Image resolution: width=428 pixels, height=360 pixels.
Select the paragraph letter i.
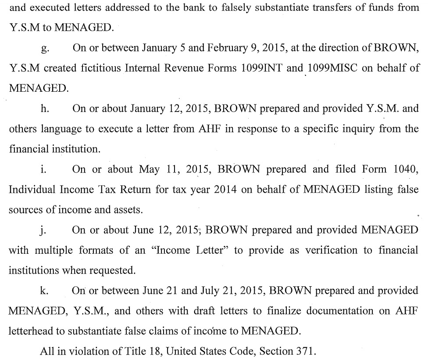point(43,170)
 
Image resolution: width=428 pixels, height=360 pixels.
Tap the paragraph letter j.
point(43,230)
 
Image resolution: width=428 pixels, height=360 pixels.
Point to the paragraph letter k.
point(43,291)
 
